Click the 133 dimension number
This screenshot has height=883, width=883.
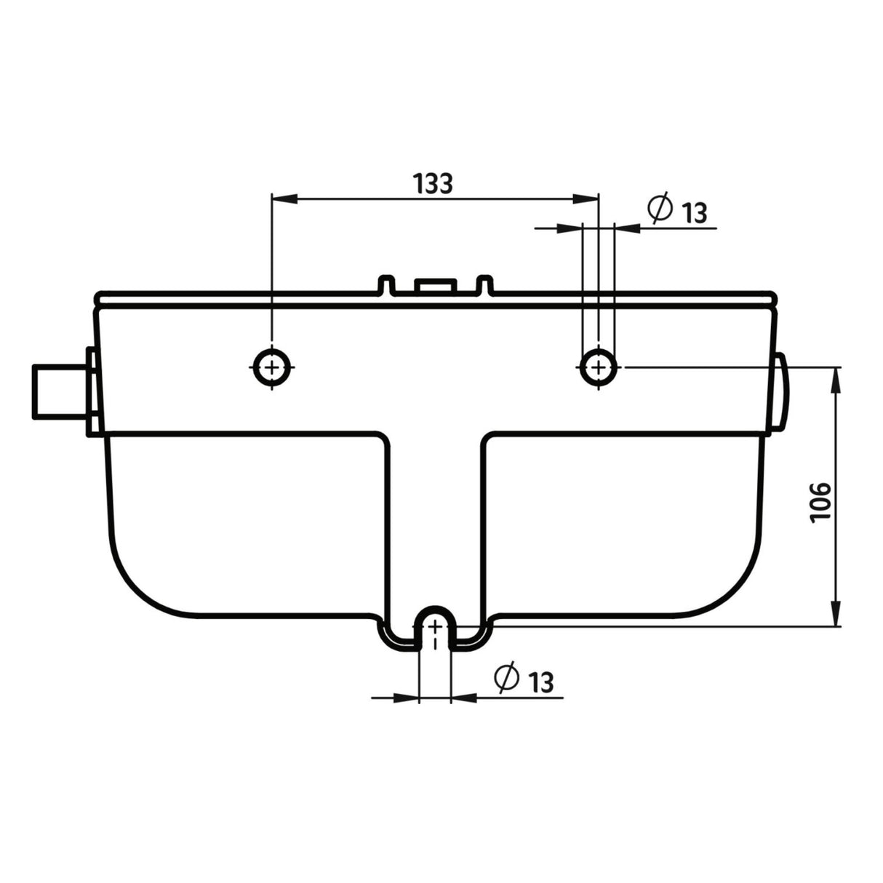point(433,184)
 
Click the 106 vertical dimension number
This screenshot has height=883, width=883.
point(820,501)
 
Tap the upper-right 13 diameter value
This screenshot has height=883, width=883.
point(694,212)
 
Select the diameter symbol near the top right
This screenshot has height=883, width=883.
point(660,208)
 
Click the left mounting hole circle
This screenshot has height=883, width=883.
point(272,367)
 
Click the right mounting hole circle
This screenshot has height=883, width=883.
point(599,367)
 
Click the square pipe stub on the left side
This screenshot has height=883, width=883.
point(60,392)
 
